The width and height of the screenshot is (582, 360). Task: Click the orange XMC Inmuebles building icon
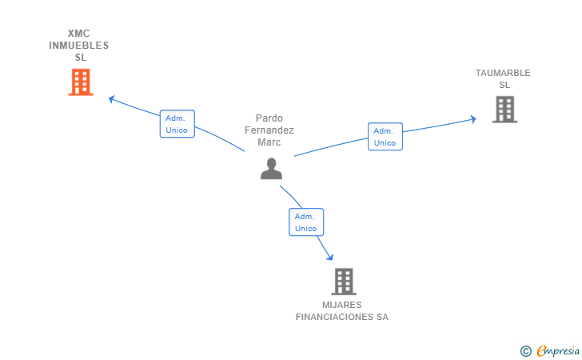80,82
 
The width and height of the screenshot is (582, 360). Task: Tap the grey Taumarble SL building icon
504,109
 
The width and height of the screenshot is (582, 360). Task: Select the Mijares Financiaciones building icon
343,281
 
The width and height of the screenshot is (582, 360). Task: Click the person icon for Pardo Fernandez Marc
272,168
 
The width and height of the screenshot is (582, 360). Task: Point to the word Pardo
269,118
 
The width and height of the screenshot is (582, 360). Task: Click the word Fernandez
269,130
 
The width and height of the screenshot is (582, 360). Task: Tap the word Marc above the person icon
269,142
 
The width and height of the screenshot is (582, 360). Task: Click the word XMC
79,34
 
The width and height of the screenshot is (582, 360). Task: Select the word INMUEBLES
79,46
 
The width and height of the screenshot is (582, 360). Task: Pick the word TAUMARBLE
503,73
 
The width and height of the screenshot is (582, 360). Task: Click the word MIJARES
342,305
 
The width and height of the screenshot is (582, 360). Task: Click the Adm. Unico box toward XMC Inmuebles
177,124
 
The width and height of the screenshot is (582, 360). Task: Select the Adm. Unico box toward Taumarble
385,137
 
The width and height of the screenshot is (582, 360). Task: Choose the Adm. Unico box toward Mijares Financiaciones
306,222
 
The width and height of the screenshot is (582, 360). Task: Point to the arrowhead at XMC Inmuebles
111,98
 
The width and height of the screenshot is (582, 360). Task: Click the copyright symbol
525,350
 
